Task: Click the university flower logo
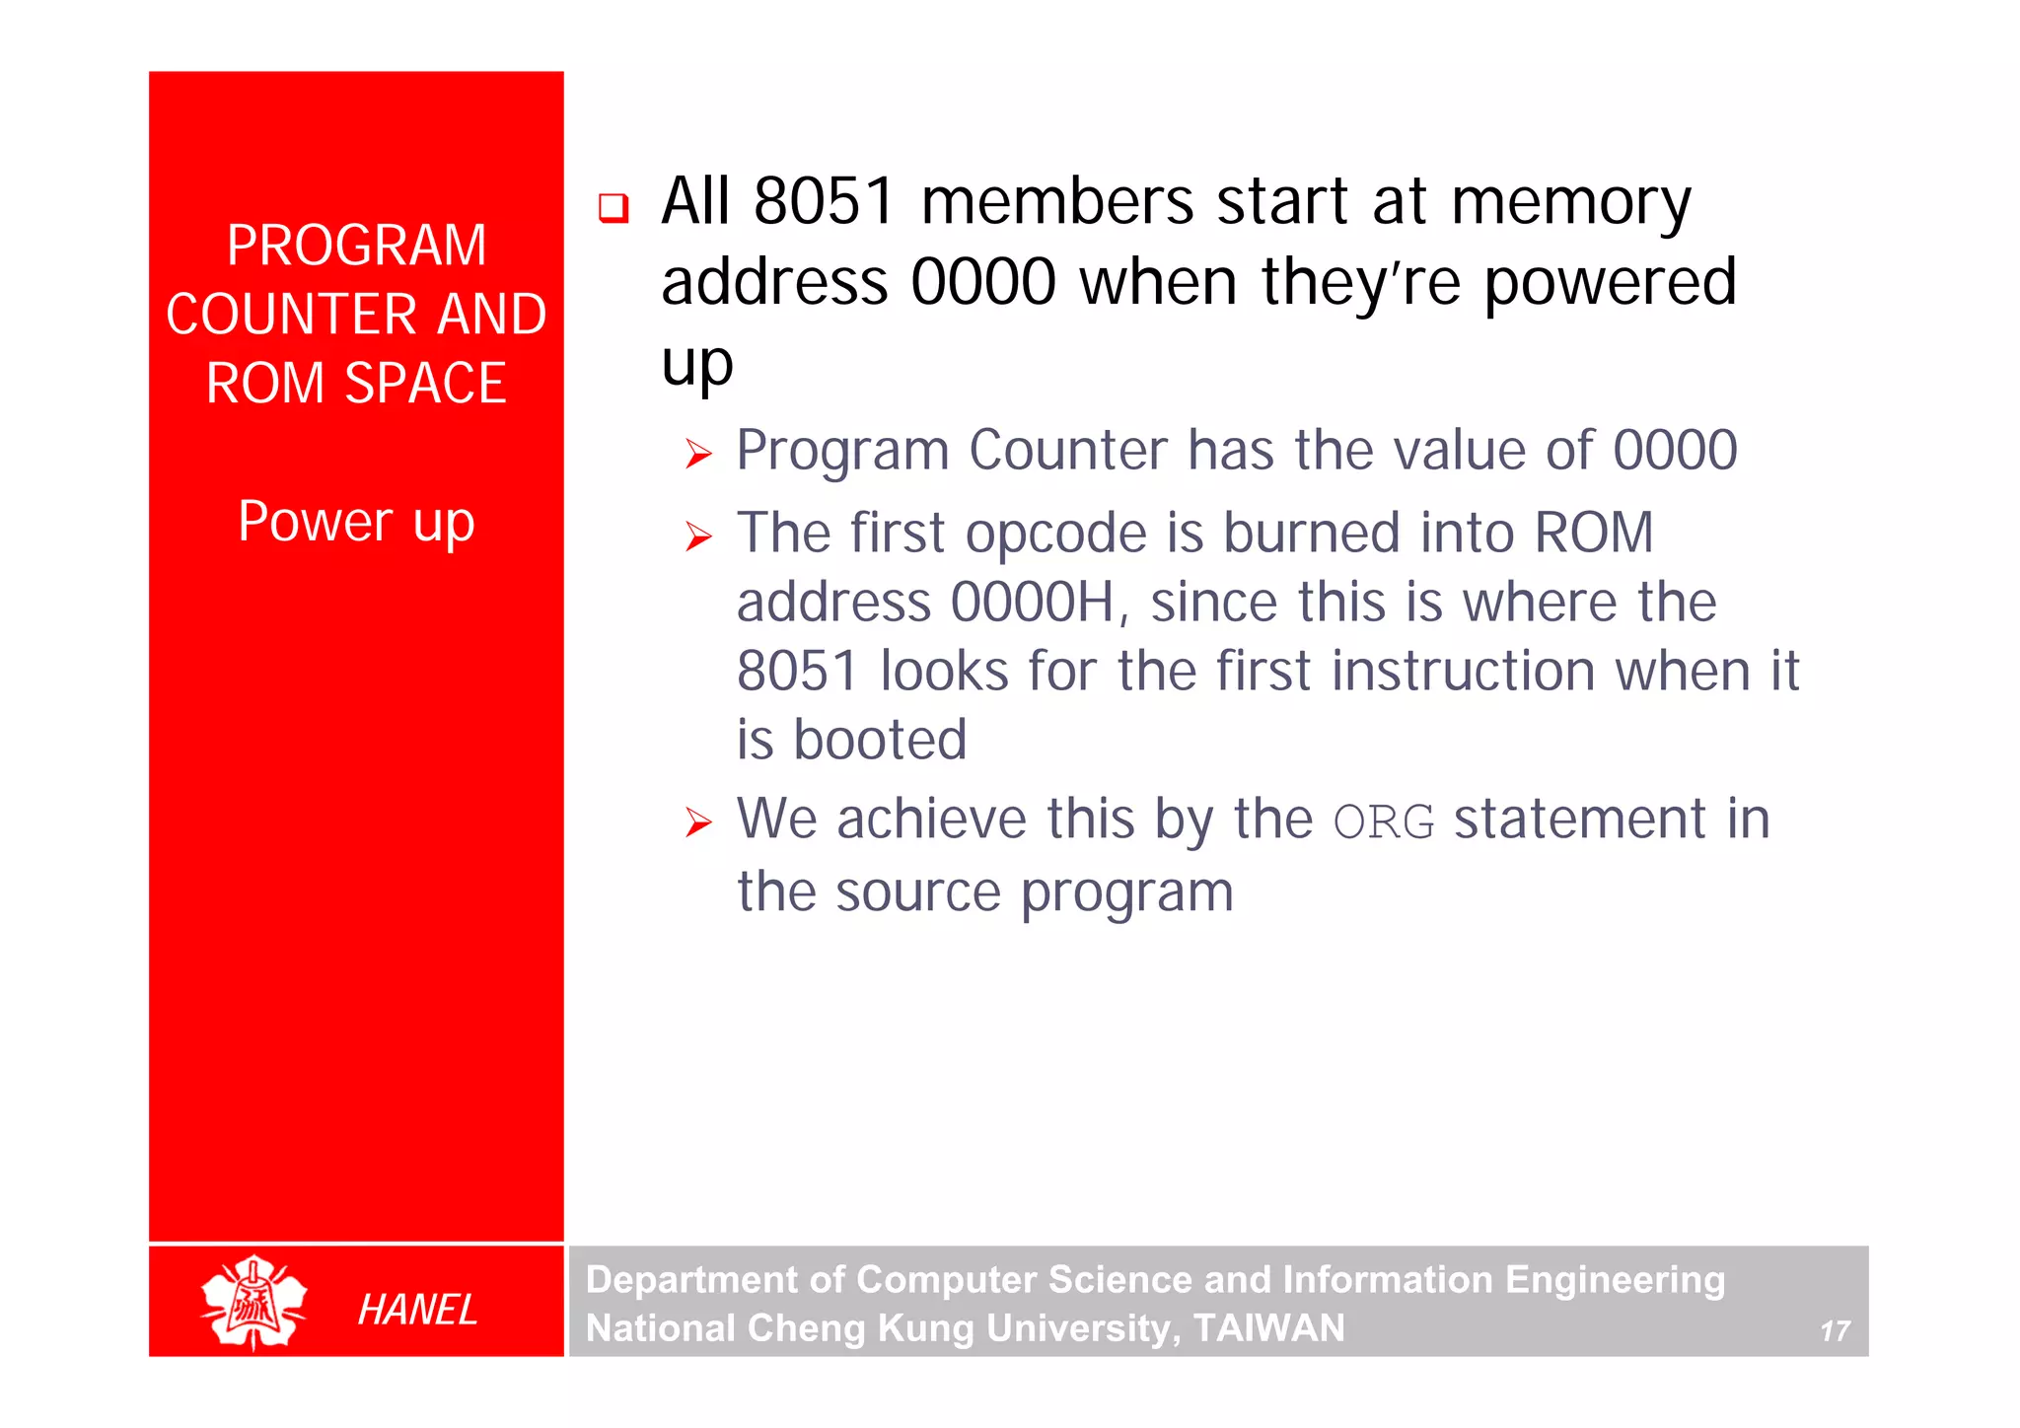[x=253, y=1302]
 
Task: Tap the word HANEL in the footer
[x=417, y=1310]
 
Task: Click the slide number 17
[x=1835, y=1331]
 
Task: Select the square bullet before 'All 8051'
[x=613, y=208]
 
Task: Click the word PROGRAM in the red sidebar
[x=356, y=246]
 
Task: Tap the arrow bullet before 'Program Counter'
[x=698, y=454]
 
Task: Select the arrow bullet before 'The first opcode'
[x=698, y=536]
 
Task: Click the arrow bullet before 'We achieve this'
[x=698, y=821]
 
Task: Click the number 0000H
[x=1032, y=603]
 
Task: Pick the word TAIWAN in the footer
[x=1268, y=1327]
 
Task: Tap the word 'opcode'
[x=1055, y=535]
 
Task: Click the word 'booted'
[x=880, y=740]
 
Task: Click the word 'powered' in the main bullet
[x=1610, y=283]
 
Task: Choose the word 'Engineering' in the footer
[x=1615, y=1280]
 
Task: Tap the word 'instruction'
[x=1464, y=672]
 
